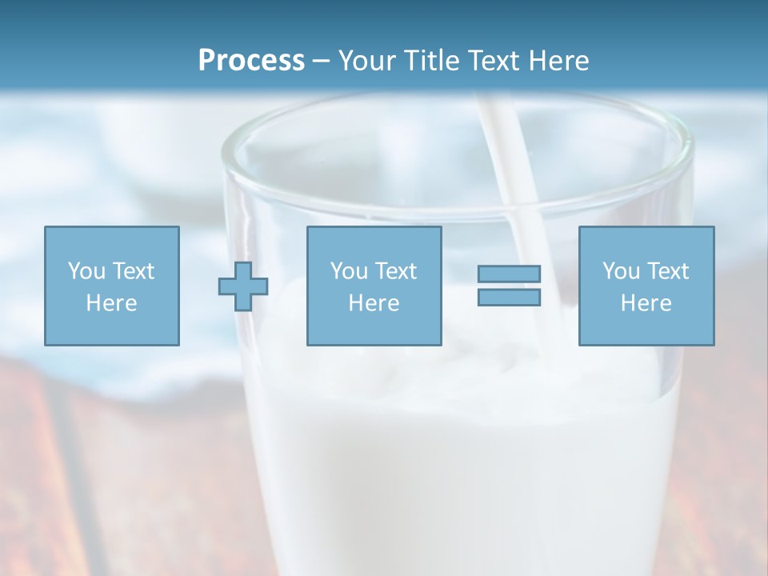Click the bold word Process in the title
point(251,60)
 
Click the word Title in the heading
point(434,60)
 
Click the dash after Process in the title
point(322,62)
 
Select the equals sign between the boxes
point(509,286)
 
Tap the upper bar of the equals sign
point(509,274)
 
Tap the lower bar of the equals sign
point(509,298)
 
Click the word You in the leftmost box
point(86,271)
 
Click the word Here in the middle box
point(374,303)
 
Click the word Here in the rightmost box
point(646,303)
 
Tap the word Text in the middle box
point(396,271)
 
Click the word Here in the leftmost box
point(111,303)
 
